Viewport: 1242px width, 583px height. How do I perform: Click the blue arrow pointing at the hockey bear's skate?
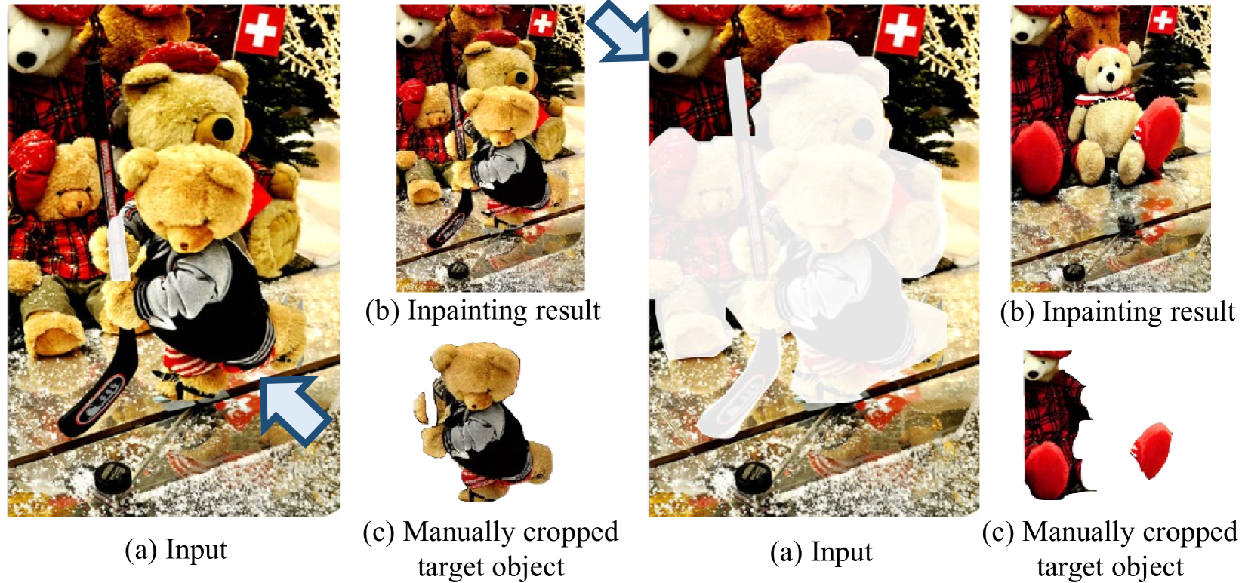[x=295, y=409]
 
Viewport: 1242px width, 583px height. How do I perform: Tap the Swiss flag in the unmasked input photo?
[x=260, y=30]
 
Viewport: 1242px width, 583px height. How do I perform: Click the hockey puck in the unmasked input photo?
[x=113, y=478]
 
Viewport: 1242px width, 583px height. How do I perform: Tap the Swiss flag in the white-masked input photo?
[x=900, y=30]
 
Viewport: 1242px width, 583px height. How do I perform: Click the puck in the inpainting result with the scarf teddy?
[x=1074, y=272]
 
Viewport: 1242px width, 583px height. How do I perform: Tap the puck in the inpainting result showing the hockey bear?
[x=458, y=271]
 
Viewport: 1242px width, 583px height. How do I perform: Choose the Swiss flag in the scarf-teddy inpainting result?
[x=1163, y=21]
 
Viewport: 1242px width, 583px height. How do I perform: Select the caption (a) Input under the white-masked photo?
[x=821, y=552]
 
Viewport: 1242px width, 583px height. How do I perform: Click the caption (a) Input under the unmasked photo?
[x=176, y=550]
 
